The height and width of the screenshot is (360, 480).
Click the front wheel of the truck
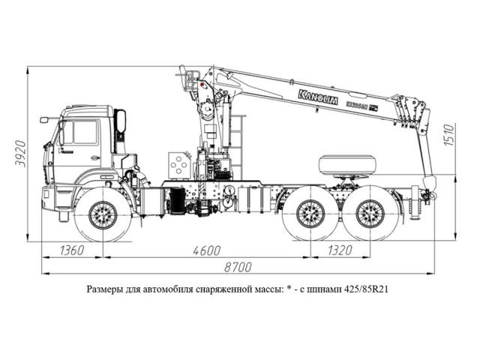(x=103, y=215)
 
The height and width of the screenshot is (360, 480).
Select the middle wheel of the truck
(x=309, y=214)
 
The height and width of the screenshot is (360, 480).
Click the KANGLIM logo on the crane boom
(x=318, y=95)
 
